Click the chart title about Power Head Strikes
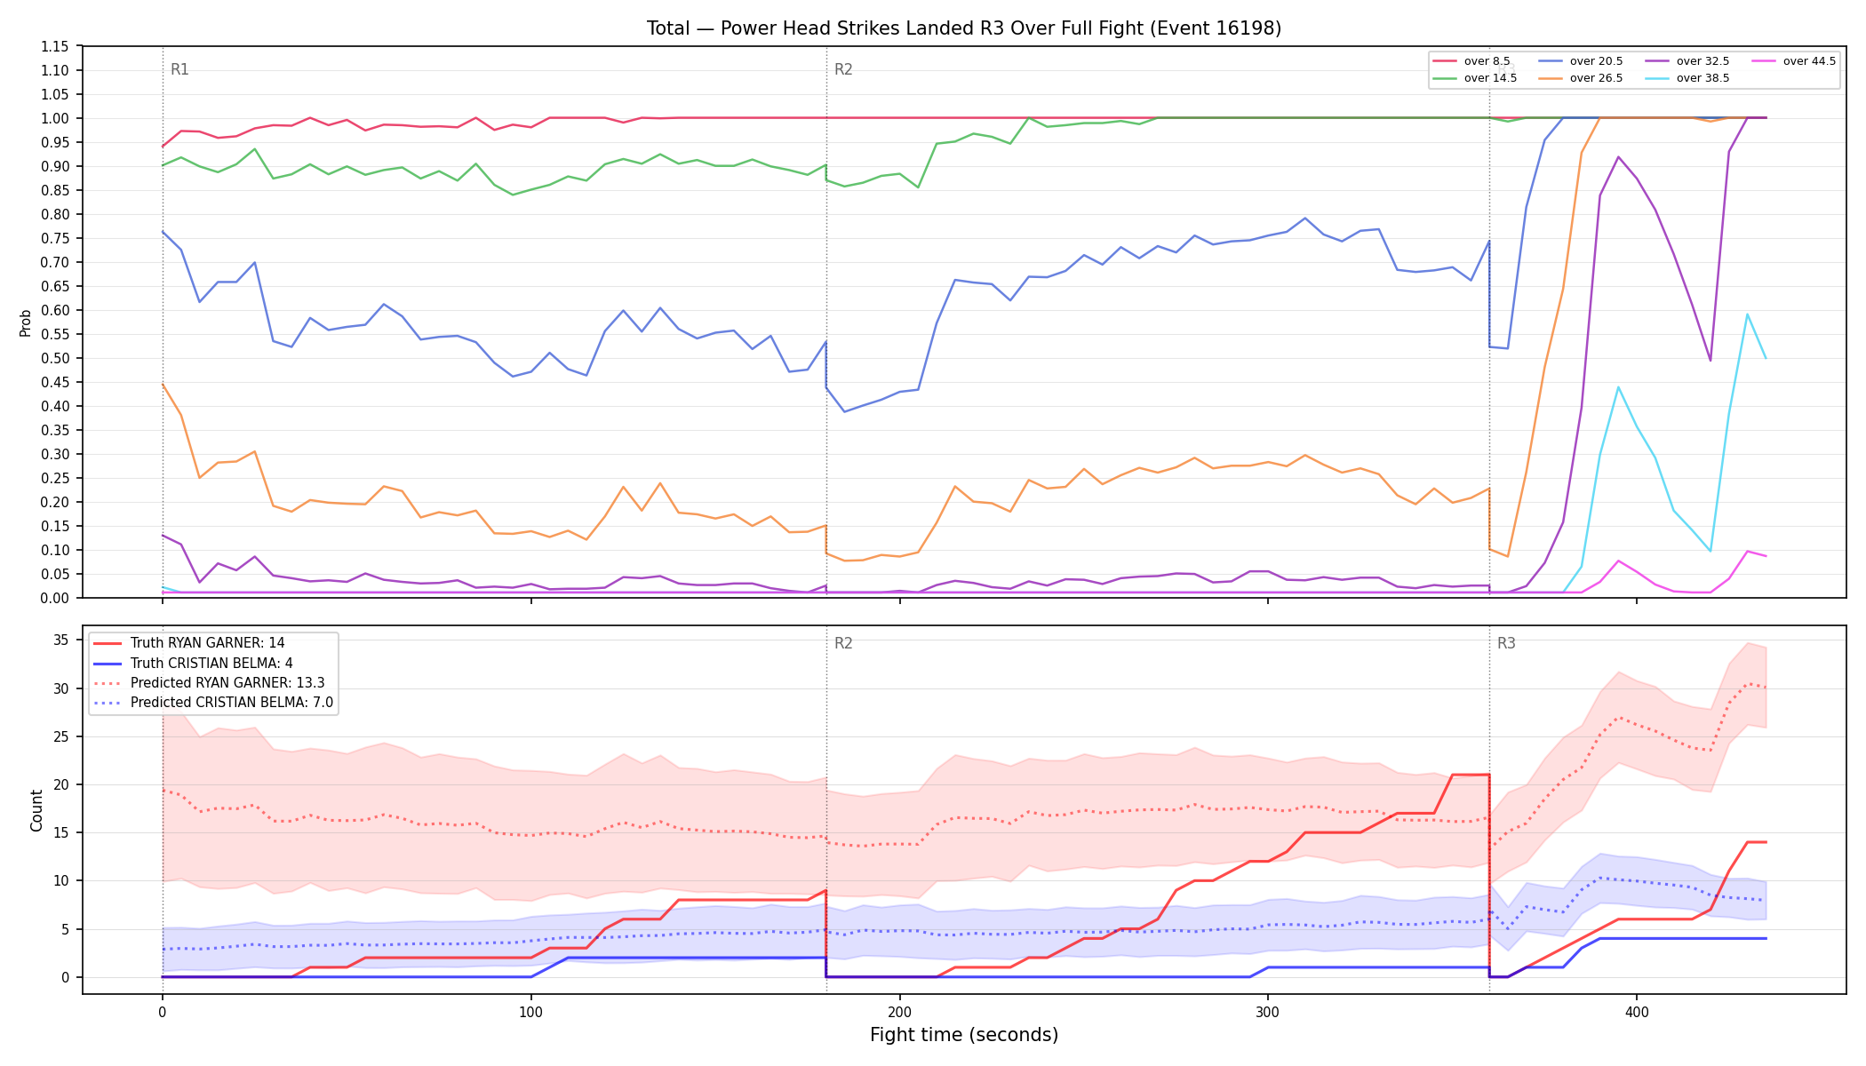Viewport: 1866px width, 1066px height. [x=964, y=28]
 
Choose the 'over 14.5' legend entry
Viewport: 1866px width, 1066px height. [x=1475, y=78]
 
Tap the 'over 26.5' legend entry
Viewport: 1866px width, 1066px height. [x=1581, y=78]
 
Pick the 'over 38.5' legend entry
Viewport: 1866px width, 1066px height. [x=1687, y=78]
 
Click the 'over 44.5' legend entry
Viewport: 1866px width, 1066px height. [x=1794, y=61]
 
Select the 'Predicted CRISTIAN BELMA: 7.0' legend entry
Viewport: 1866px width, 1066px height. [x=213, y=703]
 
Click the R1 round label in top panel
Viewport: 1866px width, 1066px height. [x=179, y=69]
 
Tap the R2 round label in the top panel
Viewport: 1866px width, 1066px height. [x=843, y=69]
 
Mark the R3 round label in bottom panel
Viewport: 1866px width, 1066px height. [x=1506, y=643]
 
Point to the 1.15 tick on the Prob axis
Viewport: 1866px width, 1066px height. [x=54, y=46]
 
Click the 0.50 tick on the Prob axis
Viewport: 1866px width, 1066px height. [x=54, y=358]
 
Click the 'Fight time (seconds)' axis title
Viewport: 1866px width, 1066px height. [x=964, y=1035]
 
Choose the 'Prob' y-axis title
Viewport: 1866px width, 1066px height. [x=26, y=322]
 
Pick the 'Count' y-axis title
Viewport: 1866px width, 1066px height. [x=36, y=810]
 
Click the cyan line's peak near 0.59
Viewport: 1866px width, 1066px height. [x=1747, y=314]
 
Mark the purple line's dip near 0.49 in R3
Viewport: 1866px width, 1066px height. [x=1710, y=360]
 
